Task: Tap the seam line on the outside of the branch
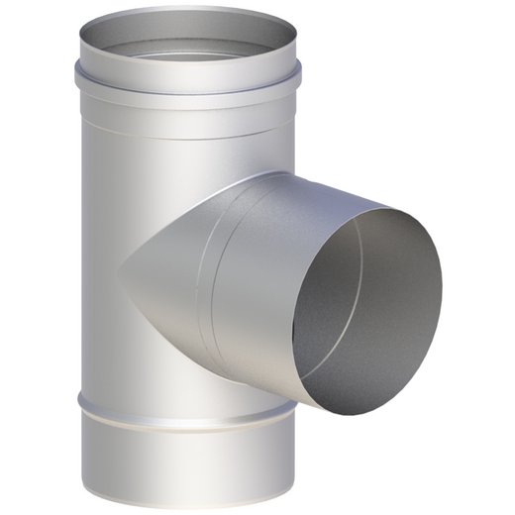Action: click(x=211, y=277)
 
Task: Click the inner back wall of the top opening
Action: click(x=188, y=30)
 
